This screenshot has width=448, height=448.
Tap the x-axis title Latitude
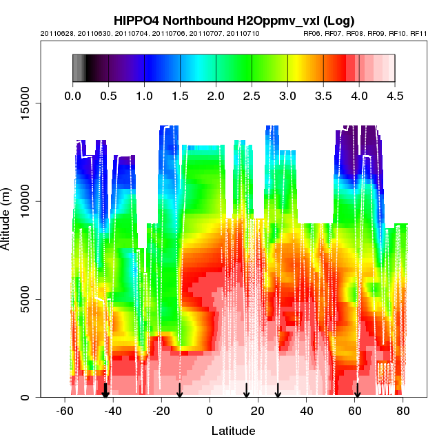pyautogui.click(x=232, y=431)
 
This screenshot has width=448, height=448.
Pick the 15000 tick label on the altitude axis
pyautogui.click(x=28, y=103)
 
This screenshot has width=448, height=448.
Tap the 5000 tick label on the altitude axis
pyautogui.click(x=28, y=299)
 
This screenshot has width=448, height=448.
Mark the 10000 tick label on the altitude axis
pyautogui.click(x=28, y=201)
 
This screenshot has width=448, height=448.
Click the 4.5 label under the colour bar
pyautogui.click(x=395, y=96)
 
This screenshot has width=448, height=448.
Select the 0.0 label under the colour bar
pyautogui.click(x=72, y=96)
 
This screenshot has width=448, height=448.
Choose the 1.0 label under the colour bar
pyautogui.click(x=144, y=96)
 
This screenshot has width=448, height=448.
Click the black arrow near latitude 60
pyautogui.click(x=357, y=391)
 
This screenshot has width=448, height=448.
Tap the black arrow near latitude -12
pyautogui.click(x=179, y=391)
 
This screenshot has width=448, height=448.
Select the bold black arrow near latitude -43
pyautogui.click(x=105, y=391)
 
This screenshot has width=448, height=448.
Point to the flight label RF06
pyautogui.click(x=312, y=33)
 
